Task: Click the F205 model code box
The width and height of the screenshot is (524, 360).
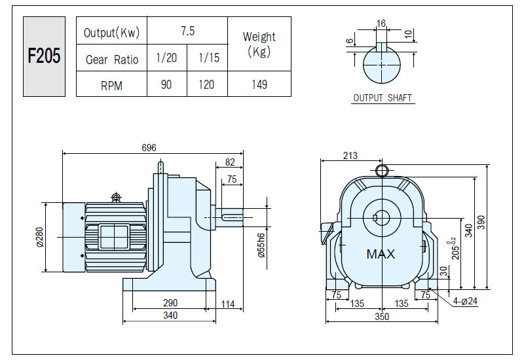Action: click(44, 56)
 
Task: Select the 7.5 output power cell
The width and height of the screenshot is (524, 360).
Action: click(187, 31)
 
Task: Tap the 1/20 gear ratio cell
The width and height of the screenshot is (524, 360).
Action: click(167, 58)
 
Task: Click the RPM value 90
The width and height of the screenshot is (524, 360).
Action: click(166, 84)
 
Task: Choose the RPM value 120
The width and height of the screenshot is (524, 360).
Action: click(206, 84)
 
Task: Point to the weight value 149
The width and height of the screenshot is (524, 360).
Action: click(259, 84)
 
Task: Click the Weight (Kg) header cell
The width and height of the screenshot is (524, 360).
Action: click(259, 44)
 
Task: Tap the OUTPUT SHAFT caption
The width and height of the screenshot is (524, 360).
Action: click(383, 98)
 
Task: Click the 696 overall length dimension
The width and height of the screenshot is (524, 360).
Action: click(149, 148)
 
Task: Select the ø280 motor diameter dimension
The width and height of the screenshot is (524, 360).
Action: click(39, 237)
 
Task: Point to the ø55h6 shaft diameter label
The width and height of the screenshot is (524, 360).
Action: click(261, 245)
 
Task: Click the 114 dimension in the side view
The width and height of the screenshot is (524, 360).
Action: click(227, 304)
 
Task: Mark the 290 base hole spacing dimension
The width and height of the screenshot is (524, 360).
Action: click(170, 303)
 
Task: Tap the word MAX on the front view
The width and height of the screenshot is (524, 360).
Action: click(381, 254)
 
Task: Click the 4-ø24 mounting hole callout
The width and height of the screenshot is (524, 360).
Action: click(465, 301)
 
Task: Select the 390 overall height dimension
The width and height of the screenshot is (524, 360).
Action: click(481, 223)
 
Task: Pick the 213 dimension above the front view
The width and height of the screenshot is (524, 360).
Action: click(350, 156)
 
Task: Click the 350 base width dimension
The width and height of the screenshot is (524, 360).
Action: click(382, 317)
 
